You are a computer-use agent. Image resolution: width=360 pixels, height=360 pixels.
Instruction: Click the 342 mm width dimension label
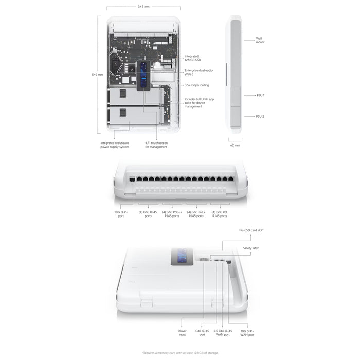click(143, 6)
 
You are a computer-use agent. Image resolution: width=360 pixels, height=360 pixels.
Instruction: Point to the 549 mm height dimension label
click(97, 75)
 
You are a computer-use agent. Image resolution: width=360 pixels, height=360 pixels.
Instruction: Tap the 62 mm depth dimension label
click(235, 145)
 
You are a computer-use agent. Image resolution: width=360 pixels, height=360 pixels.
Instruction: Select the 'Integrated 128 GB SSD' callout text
click(193, 58)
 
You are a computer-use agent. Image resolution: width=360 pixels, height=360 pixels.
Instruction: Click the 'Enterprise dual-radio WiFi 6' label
click(199, 73)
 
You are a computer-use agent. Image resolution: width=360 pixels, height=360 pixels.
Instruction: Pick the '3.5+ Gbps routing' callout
click(197, 85)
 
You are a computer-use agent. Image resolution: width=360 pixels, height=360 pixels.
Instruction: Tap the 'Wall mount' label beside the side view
click(260, 40)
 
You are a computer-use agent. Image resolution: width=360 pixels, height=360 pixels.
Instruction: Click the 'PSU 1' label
click(261, 95)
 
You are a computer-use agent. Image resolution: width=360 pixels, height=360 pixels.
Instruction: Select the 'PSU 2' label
click(260, 116)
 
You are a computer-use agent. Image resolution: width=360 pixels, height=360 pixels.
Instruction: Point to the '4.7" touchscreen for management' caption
click(156, 145)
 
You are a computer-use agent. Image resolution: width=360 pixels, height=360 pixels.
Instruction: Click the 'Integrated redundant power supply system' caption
click(115, 145)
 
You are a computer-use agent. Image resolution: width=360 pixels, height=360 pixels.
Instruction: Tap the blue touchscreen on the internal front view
click(143, 75)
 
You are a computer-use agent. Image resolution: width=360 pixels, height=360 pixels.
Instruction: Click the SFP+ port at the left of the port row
click(132, 179)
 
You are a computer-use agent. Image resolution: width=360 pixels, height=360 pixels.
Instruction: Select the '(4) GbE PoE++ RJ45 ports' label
click(172, 214)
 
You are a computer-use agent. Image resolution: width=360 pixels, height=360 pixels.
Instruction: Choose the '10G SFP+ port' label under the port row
click(121, 214)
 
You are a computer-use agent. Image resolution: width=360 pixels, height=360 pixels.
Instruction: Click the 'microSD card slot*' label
click(251, 230)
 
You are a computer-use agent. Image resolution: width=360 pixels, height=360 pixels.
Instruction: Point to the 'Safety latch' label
click(251, 248)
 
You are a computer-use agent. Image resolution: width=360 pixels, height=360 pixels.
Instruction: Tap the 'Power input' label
click(182, 333)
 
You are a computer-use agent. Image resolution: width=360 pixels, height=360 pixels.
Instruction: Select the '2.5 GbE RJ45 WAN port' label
click(223, 333)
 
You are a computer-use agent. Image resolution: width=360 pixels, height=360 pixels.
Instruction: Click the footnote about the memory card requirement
click(180, 353)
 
